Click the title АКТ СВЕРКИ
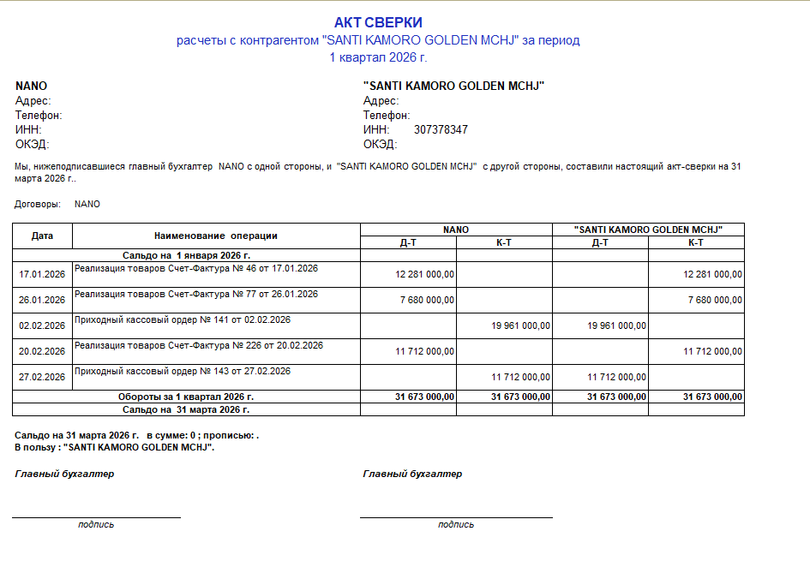[378, 22]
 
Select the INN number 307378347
[441, 129]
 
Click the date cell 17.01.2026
[42, 274]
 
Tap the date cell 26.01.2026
[42, 300]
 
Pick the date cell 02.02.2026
[42, 325]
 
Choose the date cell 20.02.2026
[42, 351]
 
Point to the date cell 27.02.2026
[42, 377]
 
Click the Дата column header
[42, 235]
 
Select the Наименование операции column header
[216, 236]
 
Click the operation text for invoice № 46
[196, 268]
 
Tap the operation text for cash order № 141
[183, 319]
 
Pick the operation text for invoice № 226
[199, 345]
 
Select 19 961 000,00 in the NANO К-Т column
[521, 325]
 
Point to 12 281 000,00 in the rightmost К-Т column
[713, 274]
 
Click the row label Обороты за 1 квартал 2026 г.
[186, 397]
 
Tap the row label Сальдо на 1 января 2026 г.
[186, 255]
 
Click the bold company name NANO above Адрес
[31, 86]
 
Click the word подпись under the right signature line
[456, 524]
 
